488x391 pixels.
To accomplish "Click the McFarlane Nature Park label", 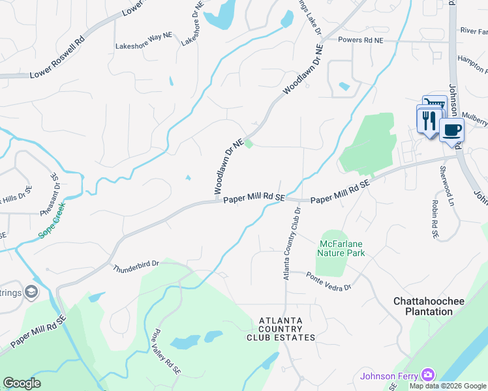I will point(342,248).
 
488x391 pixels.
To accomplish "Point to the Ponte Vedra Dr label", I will point(329,282).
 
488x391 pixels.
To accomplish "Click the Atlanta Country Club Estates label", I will point(281,329).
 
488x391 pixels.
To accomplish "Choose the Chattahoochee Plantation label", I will point(423,306).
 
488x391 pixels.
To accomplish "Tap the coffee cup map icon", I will point(451,129).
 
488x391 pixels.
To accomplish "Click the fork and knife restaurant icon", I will point(428,120).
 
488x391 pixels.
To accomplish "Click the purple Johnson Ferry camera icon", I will point(427,374).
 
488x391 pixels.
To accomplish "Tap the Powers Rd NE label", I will point(361,40).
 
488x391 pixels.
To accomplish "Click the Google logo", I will point(22,383).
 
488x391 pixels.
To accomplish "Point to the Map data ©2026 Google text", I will point(447,386).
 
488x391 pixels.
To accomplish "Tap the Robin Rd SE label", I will point(434,214).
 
